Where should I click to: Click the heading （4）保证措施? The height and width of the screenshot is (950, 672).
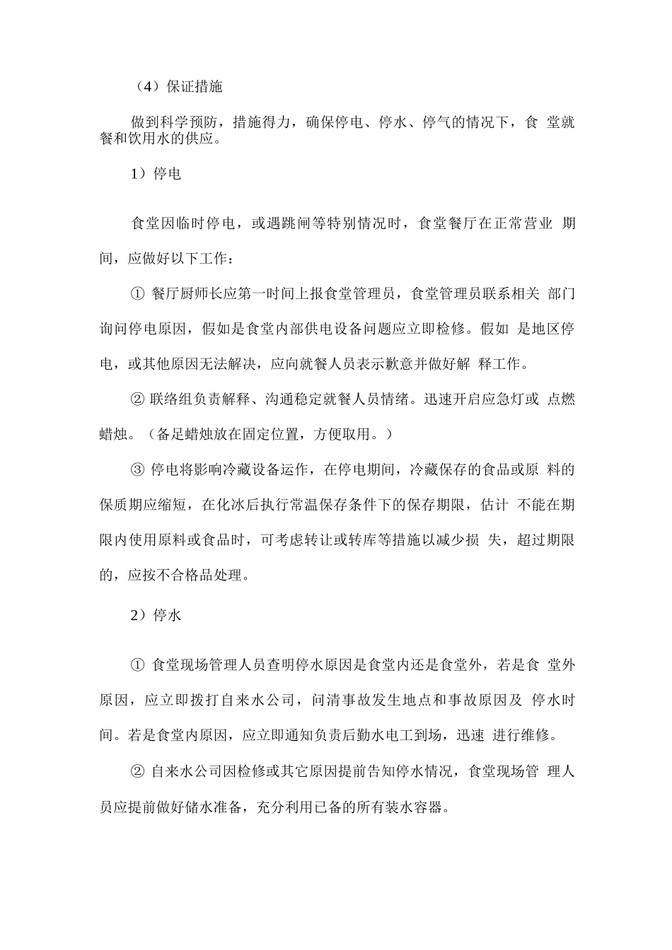pos(177,87)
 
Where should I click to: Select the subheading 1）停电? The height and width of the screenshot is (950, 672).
pos(156,173)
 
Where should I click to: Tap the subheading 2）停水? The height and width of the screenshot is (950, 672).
pos(156,615)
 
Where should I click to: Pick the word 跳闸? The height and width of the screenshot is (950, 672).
pos(312,224)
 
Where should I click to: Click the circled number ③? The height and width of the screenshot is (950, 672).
pos(138,469)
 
